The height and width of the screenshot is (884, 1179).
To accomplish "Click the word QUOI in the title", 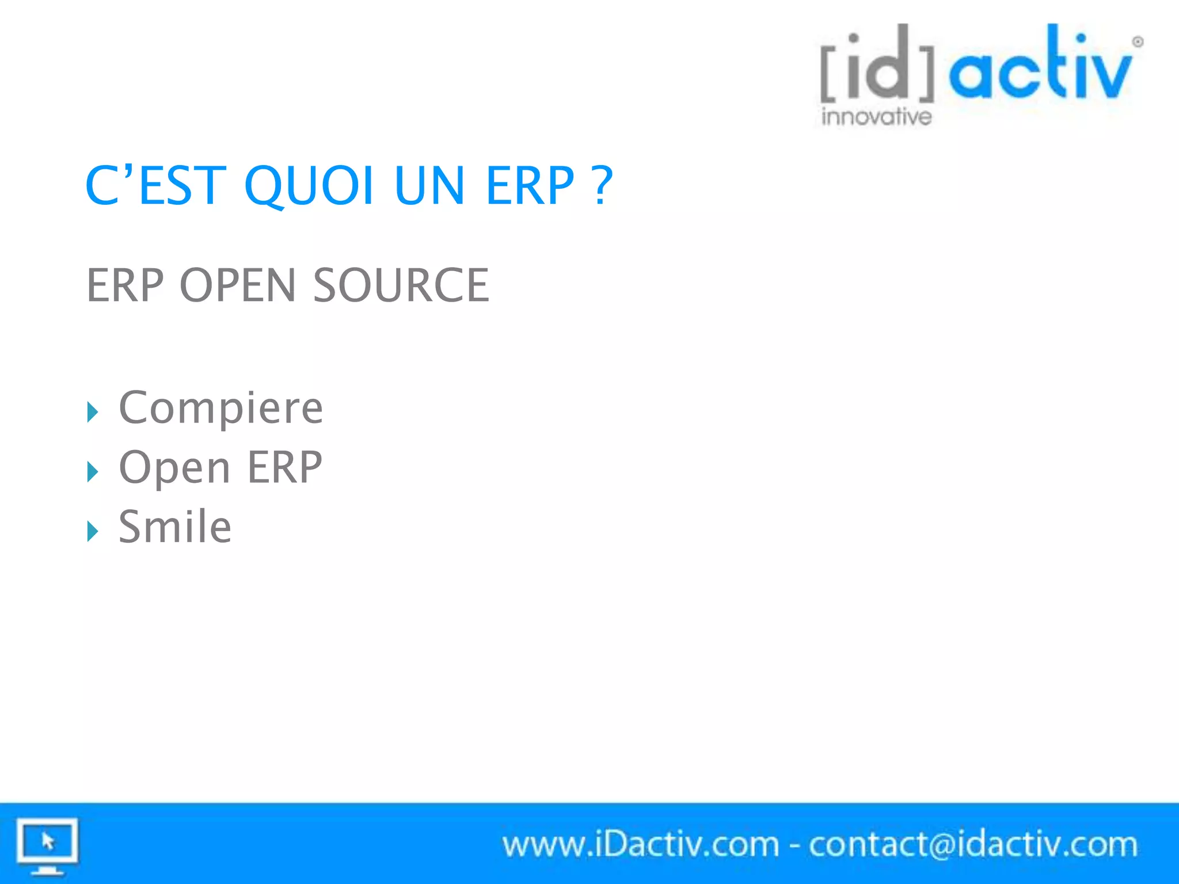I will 309,185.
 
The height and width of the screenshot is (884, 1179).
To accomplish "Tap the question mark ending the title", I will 602,185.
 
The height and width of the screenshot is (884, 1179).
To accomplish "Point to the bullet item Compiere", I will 220,407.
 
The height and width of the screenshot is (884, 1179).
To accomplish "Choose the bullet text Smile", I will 175,527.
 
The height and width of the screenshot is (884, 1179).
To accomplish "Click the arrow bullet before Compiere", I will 93,412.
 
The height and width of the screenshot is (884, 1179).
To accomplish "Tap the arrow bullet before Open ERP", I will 93,472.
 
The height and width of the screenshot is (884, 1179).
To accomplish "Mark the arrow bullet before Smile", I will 93,531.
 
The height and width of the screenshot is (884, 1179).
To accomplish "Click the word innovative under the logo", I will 876,117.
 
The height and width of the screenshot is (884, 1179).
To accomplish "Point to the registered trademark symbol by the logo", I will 1138,42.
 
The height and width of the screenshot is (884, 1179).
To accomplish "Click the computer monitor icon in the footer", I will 47,845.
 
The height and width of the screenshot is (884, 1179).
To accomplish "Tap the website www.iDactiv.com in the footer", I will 640,845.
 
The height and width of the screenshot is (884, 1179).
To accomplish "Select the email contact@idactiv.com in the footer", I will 973,845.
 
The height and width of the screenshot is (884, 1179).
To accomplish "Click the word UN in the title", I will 429,185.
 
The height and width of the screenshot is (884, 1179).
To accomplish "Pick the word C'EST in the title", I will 155,185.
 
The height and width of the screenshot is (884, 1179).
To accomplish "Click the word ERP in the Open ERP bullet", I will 284,467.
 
